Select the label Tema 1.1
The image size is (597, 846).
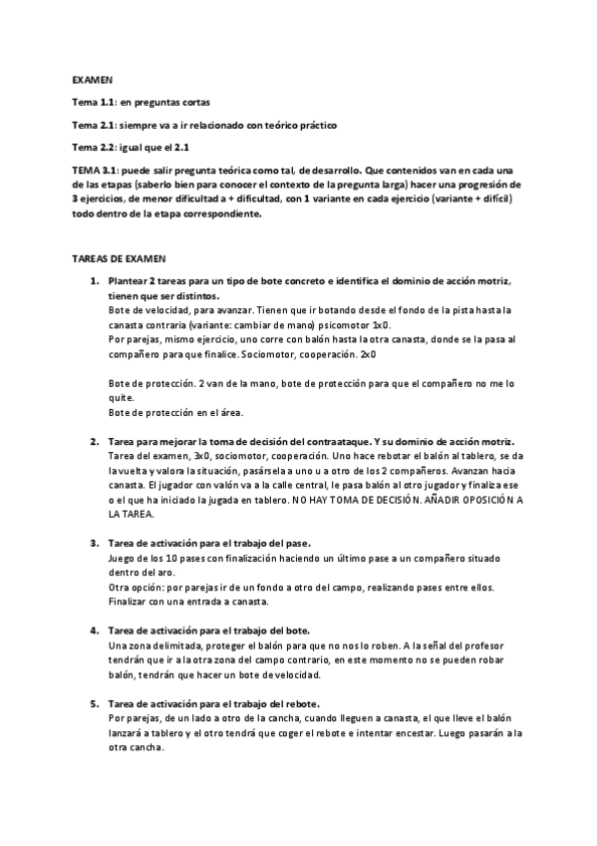94,103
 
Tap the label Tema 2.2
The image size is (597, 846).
94,147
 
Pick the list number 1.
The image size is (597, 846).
94,282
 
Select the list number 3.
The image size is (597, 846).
94,543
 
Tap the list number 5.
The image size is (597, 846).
94,703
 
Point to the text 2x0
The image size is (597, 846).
368,353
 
